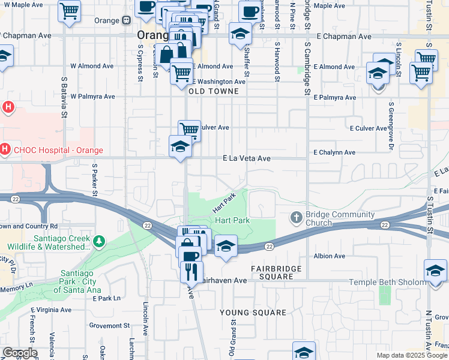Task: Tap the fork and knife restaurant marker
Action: tap(192, 272)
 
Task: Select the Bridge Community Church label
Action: tap(327, 218)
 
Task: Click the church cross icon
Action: tap(296, 217)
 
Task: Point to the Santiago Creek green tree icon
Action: tap(98, 242)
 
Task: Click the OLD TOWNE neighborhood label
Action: tap(213, 92)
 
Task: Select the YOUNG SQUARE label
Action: tap(253, 313)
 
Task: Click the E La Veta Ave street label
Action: tap(247, 159)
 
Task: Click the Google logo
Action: tap(20, 353)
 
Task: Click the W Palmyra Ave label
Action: tap(92, 96)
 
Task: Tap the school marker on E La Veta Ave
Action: tap(180, 147)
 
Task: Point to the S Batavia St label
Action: tap(64, 95)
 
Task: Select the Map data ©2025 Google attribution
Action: tap(411, 355)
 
